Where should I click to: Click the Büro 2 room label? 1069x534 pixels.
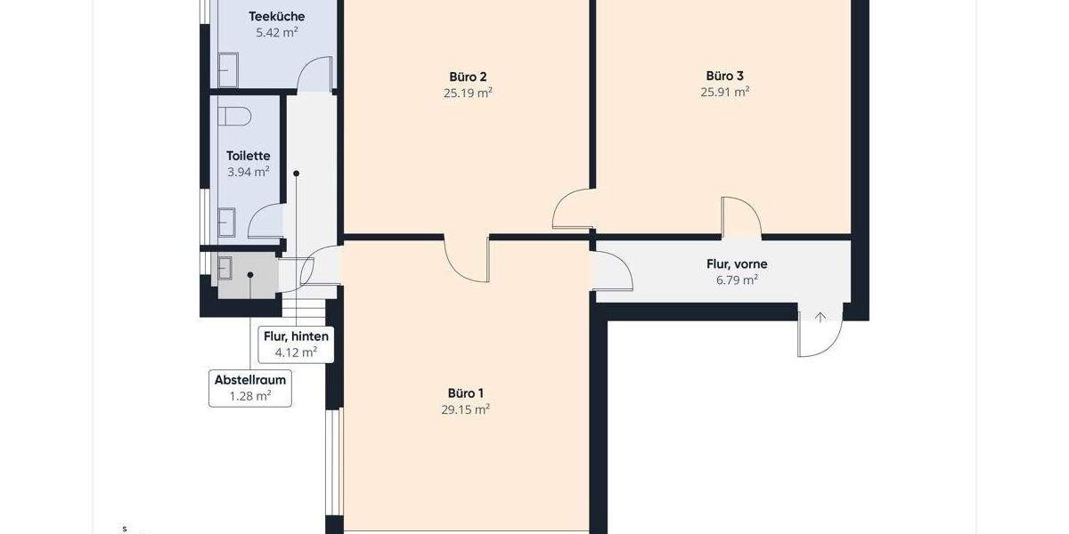468,77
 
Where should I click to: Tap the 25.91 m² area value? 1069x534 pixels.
724,92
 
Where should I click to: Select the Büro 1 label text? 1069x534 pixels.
466,393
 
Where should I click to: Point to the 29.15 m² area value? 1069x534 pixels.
466,409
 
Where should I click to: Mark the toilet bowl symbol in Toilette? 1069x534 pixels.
237,117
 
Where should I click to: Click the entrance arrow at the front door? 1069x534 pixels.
820,317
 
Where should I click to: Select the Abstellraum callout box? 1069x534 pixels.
250,388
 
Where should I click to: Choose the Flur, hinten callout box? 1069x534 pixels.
296,344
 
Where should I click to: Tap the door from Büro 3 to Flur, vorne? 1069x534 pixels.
741,217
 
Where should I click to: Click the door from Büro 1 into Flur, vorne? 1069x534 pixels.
611,271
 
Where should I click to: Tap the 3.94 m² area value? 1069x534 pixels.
248,172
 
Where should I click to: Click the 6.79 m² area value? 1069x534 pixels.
738,280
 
